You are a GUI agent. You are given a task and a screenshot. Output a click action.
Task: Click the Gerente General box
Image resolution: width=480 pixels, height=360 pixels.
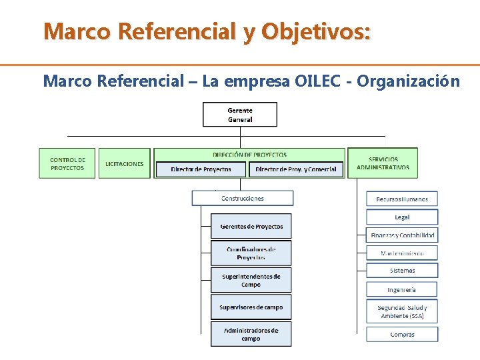tap(240, 115)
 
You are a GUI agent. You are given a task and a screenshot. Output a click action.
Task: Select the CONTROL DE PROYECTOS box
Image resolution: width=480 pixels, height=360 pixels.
tap(67, 163)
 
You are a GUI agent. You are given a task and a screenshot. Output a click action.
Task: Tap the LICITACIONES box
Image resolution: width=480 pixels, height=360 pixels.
tap(125, 163)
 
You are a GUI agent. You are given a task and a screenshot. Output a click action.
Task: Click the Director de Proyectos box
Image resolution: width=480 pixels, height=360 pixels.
tap(201, 169)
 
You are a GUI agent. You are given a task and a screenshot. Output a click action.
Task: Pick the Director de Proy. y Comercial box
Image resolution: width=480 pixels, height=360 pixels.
tap(296, 169)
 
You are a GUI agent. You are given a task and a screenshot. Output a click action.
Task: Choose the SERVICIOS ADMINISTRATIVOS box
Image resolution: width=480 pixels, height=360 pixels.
tap(383, 163)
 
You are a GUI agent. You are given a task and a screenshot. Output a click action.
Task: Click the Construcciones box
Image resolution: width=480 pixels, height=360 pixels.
tap(243, 198)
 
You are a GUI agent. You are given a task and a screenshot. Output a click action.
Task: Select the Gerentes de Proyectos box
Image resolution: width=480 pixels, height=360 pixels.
tap(251, 227)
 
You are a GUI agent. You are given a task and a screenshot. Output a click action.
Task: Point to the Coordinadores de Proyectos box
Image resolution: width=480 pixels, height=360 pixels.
tap(251, 253)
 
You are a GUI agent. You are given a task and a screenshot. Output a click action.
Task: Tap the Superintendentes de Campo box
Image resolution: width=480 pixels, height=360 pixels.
tap(251, 280)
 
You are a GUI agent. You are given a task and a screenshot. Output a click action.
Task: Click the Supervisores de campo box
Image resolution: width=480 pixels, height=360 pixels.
tap(251, 307)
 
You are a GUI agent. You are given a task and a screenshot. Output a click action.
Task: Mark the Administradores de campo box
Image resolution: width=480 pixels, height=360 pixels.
tap(251, 334)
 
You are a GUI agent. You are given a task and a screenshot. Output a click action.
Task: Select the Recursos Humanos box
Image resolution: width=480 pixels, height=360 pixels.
tap(402, 199)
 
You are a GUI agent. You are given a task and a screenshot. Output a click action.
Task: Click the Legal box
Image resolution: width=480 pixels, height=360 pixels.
tap(402, 217)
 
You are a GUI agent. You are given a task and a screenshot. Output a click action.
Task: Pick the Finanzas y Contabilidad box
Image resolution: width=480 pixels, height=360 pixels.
tap(402, 235)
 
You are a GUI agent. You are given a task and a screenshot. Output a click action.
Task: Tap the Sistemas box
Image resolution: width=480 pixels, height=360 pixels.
tap(402, 271)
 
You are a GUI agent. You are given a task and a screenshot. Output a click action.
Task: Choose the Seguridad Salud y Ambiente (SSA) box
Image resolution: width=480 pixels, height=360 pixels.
tap(402, 311)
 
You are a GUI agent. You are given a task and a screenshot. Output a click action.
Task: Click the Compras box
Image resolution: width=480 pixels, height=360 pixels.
tap(402, 334)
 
